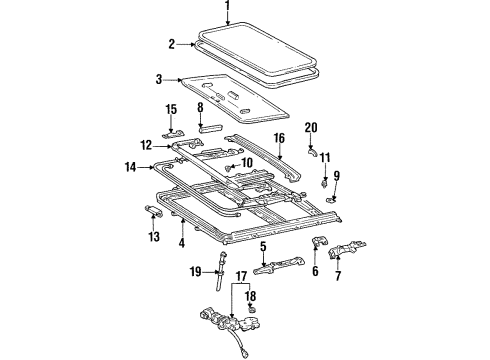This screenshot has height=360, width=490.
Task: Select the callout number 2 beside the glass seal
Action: coord(171,43)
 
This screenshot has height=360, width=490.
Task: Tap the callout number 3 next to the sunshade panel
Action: coord(158,79)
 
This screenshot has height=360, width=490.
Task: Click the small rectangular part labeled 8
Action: coord(212,128)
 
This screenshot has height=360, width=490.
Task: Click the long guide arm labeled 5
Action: coord(277,266)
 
